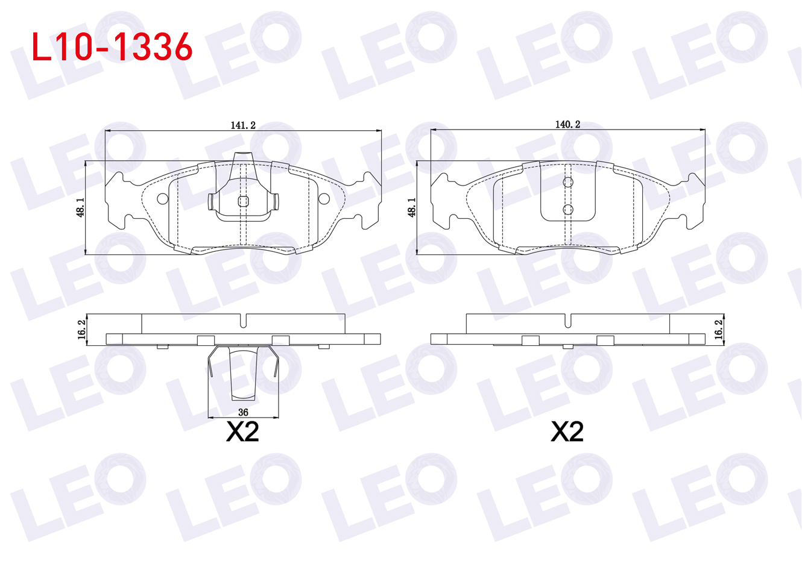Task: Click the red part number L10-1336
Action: click(112, 47)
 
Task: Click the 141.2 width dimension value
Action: click(243, 125)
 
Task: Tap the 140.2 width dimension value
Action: click(568, 124)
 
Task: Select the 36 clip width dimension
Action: click(243, 413)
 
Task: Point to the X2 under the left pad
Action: click(242, 432)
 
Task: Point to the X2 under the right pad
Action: click(567, 432)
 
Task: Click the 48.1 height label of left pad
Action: click(80, 207)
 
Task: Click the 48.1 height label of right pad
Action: click(412, 207)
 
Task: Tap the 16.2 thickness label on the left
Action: click(81, 330)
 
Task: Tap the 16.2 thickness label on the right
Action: click(718, 330)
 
